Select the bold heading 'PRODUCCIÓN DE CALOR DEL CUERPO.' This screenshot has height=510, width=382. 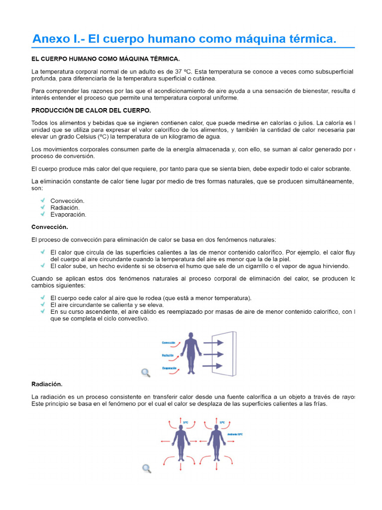point(91,110)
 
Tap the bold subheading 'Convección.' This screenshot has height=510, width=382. point(49,227)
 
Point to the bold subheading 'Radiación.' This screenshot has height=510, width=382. point(47,384)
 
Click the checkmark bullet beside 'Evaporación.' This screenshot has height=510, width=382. point(43,214)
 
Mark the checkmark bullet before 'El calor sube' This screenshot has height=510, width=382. point(43,265)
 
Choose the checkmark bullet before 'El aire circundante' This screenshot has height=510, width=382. point(43,304)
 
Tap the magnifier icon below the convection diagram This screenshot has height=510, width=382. point(146,373)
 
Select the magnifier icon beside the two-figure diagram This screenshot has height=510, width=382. point(146,468)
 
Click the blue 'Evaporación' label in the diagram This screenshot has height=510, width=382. point(170,368)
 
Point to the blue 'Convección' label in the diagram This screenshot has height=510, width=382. point(169,343)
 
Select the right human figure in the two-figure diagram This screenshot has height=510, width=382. point(216,443)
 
